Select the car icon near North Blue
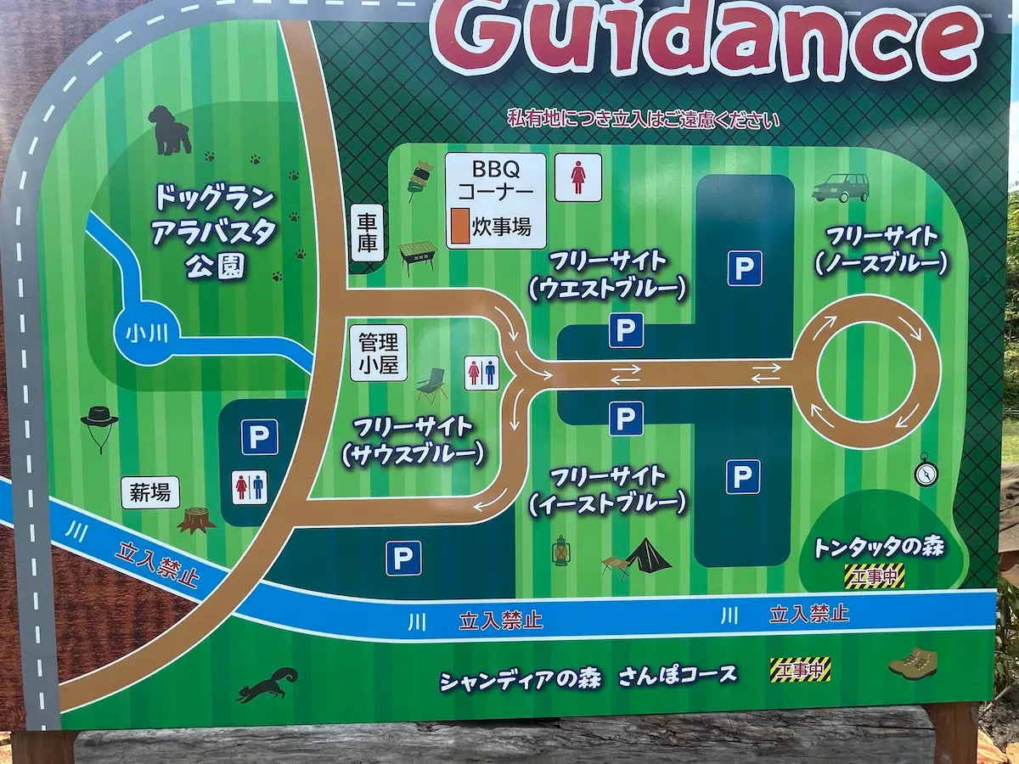(841, 188)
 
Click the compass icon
(926, 469)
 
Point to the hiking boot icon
(913, 663)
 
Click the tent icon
(647, 556)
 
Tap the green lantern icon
(561, 551)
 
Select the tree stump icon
(196, 519)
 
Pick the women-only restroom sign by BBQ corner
(578, 177)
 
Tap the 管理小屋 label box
(378, 354)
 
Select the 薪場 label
(150, 492)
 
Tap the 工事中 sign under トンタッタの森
(874, 576)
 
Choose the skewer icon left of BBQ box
(420, 177)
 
